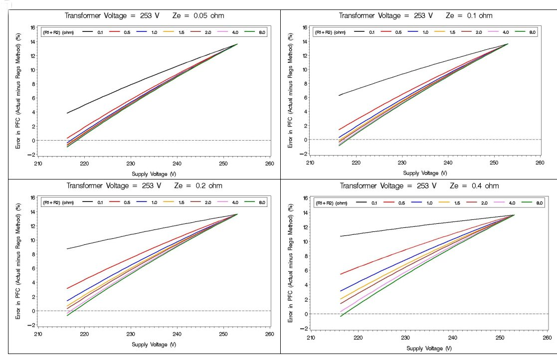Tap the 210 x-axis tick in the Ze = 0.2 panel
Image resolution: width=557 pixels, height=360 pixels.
(x=38, y=333)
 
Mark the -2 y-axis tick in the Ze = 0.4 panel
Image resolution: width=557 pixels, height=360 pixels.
(x=306, y=329)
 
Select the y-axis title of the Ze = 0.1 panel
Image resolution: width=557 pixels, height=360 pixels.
(x=290, y=91)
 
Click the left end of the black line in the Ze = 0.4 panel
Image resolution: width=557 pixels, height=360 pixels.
(x=340, y=236)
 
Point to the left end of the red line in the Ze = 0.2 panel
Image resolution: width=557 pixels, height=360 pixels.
(x=67, y=288)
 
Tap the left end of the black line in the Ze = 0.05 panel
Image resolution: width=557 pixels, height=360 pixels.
(x=67, y=113)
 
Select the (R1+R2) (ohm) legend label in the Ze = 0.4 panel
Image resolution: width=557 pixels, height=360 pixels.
(x=330, y=203)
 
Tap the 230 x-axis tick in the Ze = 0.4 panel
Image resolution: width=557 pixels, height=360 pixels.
(x=405, y=337)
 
